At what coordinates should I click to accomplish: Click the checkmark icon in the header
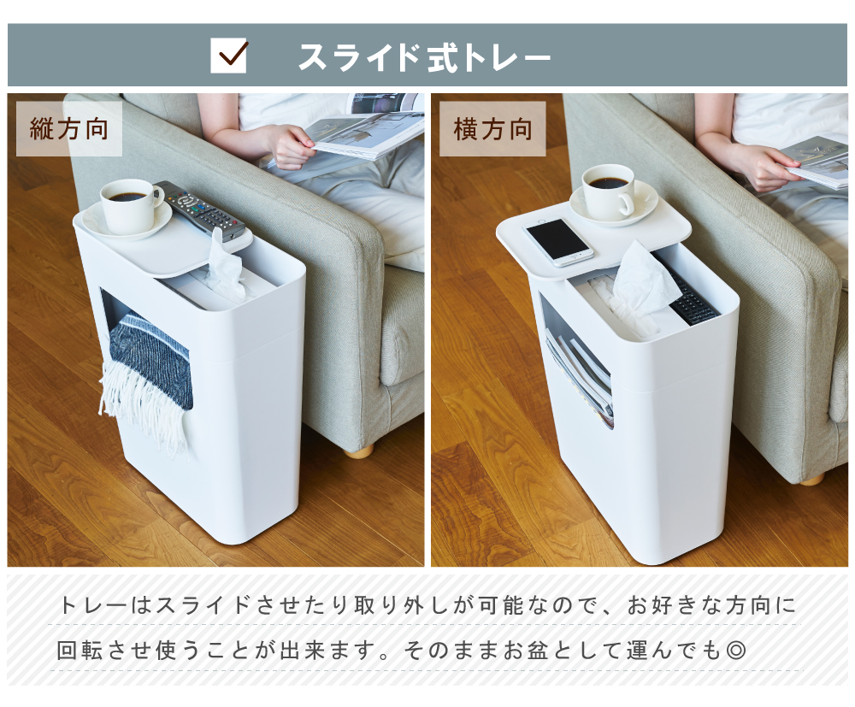tap(229, 56)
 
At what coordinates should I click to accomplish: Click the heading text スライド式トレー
tap(424, 56)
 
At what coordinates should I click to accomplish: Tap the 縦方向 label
tap(69, 129)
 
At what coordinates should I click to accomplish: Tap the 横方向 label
tap(492, 129)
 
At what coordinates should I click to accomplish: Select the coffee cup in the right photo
tap(609, 190)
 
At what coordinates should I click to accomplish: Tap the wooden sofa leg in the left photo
tap(359, 450)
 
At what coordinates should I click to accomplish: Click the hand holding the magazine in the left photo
tap(288, 145)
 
